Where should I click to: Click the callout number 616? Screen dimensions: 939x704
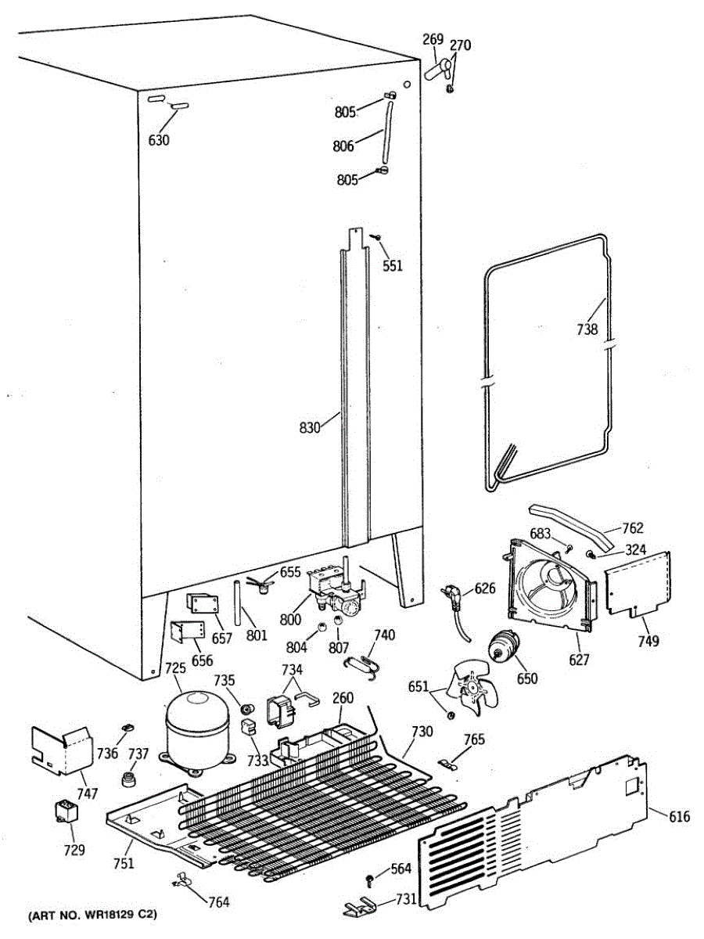click(x=679, y=817)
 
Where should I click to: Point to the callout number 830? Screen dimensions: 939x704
click(x=311, y=428)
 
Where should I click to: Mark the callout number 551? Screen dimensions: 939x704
click(x=393, y=265)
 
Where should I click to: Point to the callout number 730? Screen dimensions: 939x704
click(x=421, y=733)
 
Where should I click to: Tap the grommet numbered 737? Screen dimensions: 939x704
click(x=128, y=779)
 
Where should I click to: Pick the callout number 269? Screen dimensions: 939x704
click(x=433, y=39)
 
